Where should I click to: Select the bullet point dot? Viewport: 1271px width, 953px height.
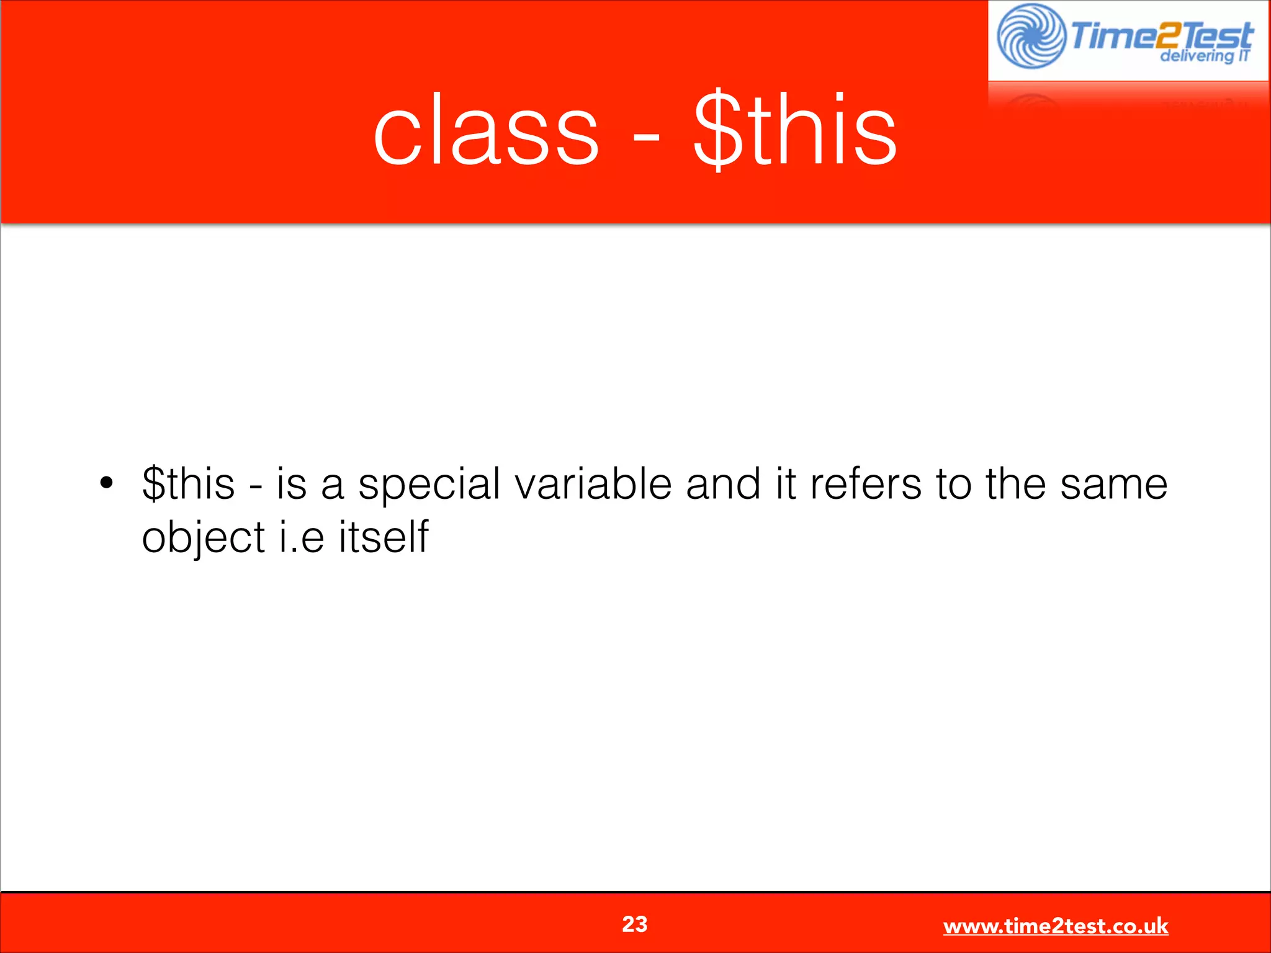click(x=107, y=482)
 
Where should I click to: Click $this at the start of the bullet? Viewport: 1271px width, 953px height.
click(x=188, y=484)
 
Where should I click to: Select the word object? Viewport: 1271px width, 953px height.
click(x=204, y=538)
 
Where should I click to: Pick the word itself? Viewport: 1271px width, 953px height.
click(x=384, y=537)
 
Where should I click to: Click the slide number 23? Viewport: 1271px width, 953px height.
click(x=634, y=924)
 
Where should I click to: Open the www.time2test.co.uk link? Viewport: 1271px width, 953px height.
click(x=1055, y=926)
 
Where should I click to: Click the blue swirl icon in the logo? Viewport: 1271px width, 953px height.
click(x=1030, y=36)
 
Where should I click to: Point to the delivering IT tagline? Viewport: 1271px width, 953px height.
click(x=1204, y=56)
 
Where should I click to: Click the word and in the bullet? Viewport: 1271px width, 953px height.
click(x=722, y=484)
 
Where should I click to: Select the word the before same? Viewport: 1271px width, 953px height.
click(x=1015, y=484)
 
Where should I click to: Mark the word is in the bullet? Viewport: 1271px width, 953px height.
click(x=291, y=484)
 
